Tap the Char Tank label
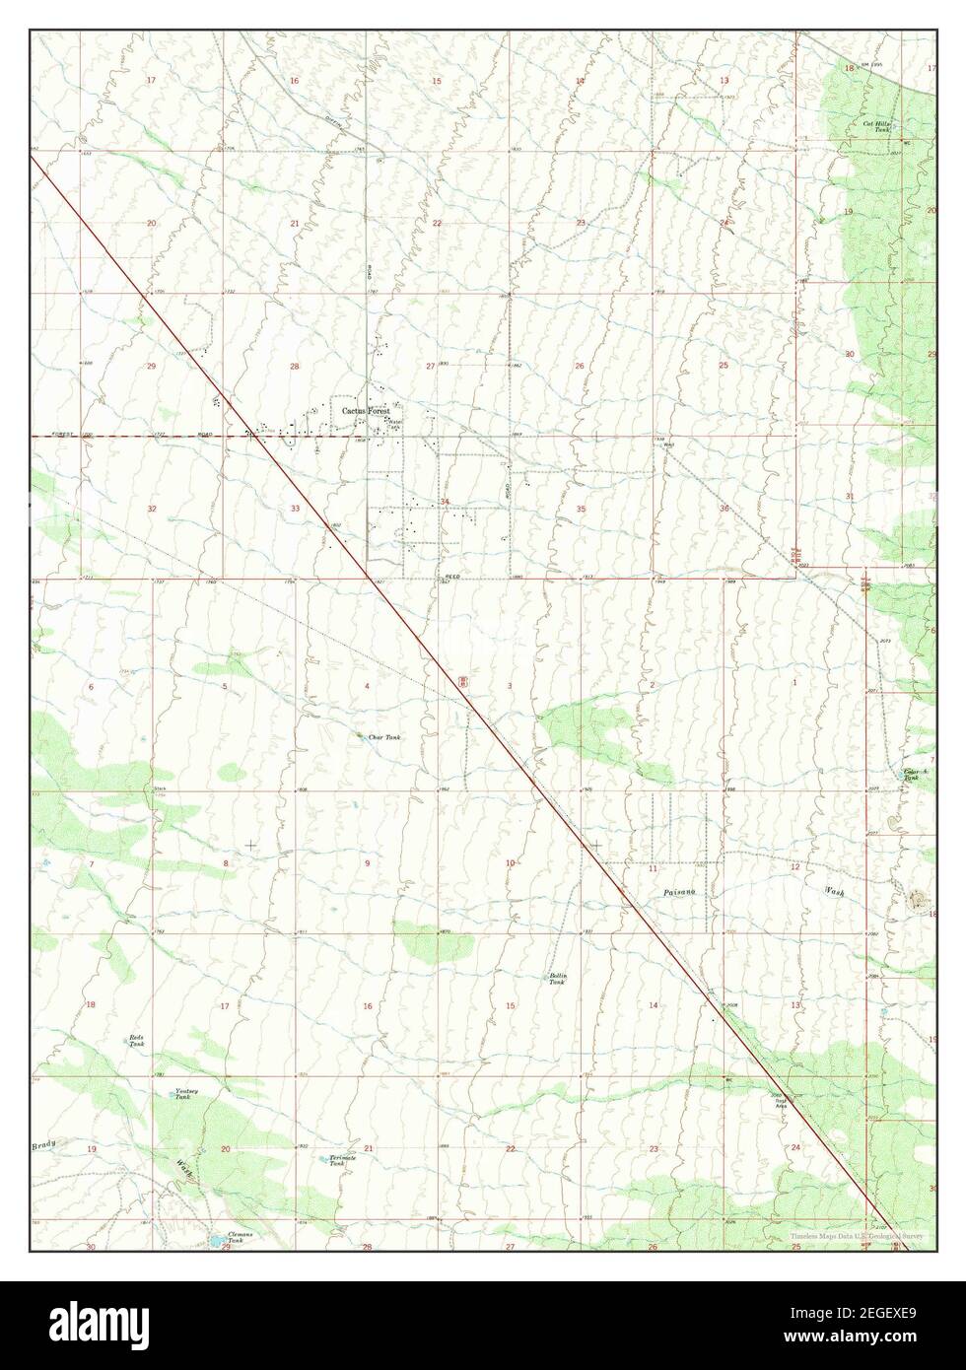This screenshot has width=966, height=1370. pyautogui.click(x=384, y=737)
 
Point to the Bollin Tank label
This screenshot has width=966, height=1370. pyautogui.click(x=558, y=979)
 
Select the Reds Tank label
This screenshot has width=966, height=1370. pyautogui.click(x=136, y=1041)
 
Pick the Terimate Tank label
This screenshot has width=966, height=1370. pyautogui.click(x=342, y=1160)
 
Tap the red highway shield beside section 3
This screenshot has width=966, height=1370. pyautogui.click(x=462, y=681)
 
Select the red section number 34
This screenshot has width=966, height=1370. pyautogui.click(x=446, y=503)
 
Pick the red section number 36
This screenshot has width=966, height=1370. pyautogui.click(x=724, y=509)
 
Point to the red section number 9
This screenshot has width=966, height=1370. pyautogui.click(x=367, y=863)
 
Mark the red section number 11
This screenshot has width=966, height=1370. pyautogui.click(x=653, y=868)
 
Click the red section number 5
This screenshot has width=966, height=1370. pyautogui.click(x=224, y=686)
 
